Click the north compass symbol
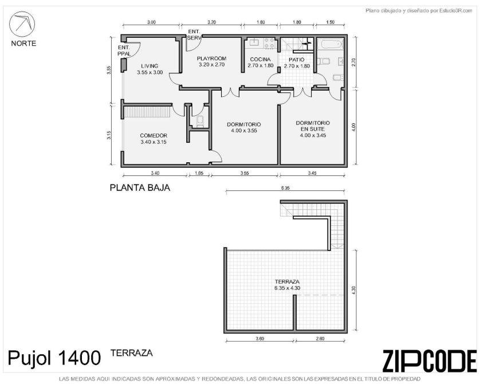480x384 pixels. point(22,24)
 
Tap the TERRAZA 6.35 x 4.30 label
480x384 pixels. point(287,285)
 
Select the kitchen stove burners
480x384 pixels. point(269,43)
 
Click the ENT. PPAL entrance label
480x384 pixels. point(124,50)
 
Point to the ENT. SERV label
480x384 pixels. point(194,34)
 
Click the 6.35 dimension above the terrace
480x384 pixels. point(285,188)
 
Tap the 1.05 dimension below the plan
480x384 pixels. point(199,173)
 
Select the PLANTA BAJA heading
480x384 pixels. point(140,187)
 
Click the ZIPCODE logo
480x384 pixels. point(430,361)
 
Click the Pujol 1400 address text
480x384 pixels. point(54,358)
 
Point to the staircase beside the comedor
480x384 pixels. point(147,112)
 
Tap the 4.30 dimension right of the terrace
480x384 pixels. point(354,290)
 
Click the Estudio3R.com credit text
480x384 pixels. point(419,11)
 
